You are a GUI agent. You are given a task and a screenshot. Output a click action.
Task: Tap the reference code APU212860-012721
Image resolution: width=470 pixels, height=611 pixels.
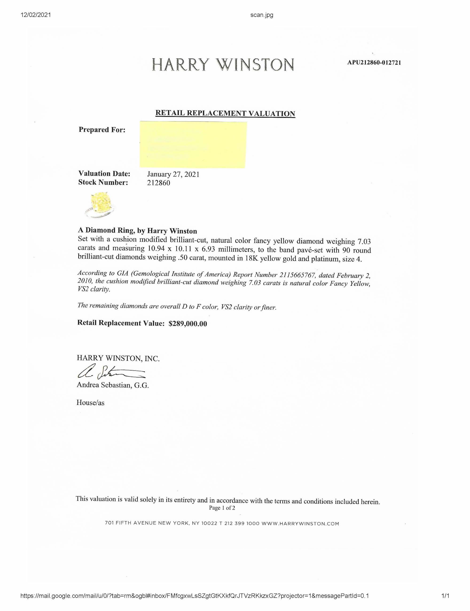point(374,63)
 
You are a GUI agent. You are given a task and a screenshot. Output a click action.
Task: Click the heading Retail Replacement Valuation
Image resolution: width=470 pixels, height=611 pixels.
point(225,113)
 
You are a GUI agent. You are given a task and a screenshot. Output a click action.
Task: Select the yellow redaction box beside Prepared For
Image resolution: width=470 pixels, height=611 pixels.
point(193,144)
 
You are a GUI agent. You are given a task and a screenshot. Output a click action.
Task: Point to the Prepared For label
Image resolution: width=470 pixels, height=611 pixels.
point(102,130)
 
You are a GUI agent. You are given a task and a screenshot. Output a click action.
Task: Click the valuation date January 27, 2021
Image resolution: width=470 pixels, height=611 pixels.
point(173,174)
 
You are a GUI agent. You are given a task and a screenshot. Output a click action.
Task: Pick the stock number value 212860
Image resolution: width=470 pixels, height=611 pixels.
point(158,183)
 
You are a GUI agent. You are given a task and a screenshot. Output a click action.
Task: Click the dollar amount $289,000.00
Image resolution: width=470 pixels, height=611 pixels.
point(188,324)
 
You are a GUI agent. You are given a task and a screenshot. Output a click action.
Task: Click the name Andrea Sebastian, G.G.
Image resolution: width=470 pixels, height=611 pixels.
point(113,385)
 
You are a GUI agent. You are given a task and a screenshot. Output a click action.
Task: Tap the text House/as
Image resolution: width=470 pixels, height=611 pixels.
point(90,403)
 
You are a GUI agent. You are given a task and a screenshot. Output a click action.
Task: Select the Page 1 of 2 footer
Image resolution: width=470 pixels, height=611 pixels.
point(222,508)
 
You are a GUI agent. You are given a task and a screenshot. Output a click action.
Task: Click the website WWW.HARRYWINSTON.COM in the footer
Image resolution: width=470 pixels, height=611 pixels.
point(300,524)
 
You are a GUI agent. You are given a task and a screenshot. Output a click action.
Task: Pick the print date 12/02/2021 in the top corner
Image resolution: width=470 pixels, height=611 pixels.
point(36,15)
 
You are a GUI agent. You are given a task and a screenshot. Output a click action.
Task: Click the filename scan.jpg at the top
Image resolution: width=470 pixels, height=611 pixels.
point(262,15)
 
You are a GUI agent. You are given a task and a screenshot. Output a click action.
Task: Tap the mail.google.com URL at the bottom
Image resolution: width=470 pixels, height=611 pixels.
point(195,596)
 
